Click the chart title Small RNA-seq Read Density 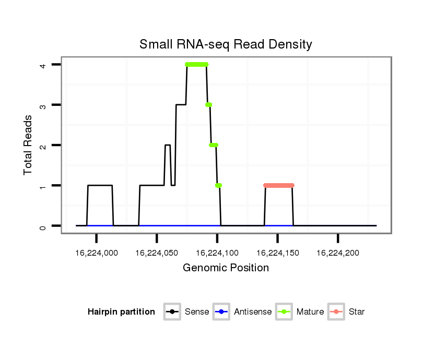(226, 44)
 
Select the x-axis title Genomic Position (226, 268)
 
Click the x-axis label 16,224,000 (97, 253)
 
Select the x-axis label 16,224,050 (157, 253)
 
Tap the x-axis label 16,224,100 (217, 253)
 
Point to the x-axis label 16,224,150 (277, 253)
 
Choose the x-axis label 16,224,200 (338, 253)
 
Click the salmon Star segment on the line (279, 185)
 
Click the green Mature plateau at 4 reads (196, 65)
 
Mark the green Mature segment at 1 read (218, 185)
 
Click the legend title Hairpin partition (121, 312)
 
